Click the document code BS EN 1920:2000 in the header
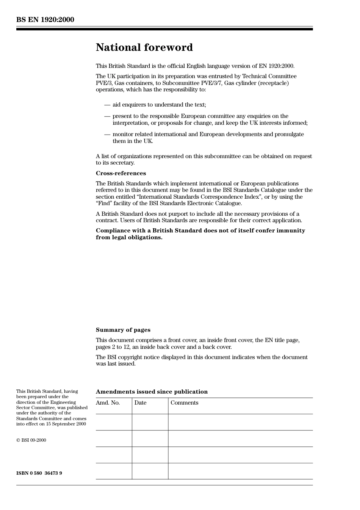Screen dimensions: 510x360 45,20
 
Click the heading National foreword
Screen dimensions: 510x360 144,47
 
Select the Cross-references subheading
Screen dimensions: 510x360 121,173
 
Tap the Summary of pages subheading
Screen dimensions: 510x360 123,330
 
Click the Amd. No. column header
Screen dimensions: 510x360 108,403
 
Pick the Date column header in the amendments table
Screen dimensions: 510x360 140,403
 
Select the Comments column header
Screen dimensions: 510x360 184,403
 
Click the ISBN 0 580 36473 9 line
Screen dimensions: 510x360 39,473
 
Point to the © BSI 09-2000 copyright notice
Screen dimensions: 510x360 31,440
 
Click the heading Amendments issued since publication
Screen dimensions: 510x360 152,392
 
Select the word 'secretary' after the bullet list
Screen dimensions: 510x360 122,163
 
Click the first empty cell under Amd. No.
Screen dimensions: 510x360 114,422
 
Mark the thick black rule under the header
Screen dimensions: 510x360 164,29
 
